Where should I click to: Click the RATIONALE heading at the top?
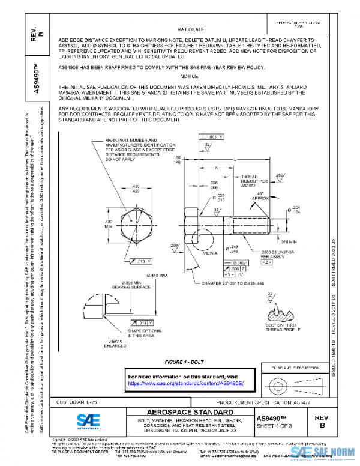(x=191, y=28)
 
